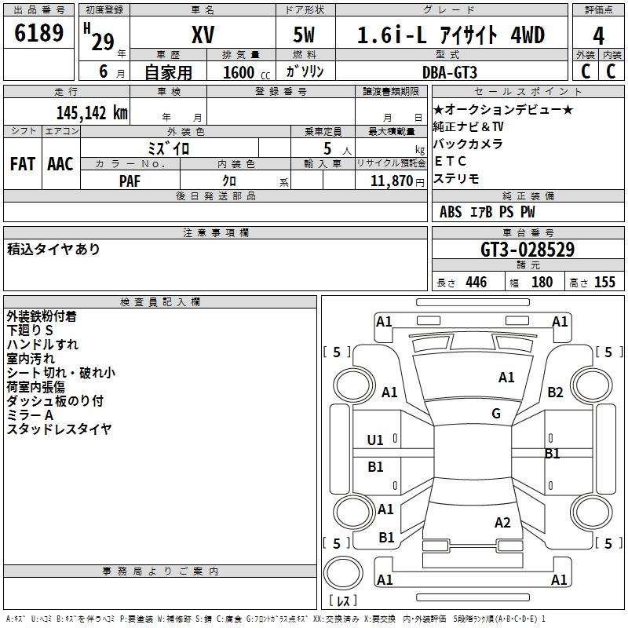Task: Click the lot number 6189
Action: pos(39,35)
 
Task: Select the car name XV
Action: pos(203,35)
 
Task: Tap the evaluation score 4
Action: pos(598,35)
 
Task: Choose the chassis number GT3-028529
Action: pos(527,250)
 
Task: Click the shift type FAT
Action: pos(23,164)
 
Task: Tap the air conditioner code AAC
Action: pos(60,164)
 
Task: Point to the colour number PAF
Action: pos(130,181)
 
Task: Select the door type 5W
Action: pos(305,35)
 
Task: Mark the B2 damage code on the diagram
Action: pos(556,392)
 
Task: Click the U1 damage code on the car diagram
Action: pos(375,440)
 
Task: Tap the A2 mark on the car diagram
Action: pos(502,523)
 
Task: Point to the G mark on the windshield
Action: pos(496,414)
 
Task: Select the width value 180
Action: pos(542,283)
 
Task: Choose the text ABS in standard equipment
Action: pos(451,212)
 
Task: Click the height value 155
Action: pos(604,283)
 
